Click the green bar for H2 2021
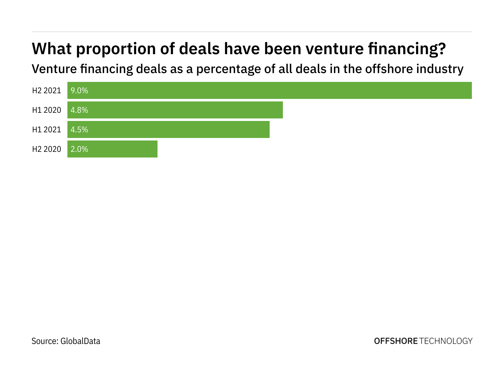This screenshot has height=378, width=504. pos(270,90)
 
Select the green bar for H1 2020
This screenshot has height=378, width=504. pos(175,110)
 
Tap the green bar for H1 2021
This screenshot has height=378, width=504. pos(169,129)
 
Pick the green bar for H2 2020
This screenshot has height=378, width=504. pos(112,149)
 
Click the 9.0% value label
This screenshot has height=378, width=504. pos(79,91)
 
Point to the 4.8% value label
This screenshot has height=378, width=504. pos(79,110)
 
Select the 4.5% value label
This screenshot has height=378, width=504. pos(79,130)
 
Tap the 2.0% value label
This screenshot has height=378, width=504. pos(79,149)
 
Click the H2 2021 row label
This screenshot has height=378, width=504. pos(47,91)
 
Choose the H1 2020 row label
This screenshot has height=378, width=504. pos(47,110)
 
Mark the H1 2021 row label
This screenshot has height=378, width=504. pos(47,130)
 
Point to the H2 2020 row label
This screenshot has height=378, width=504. pos(47,149)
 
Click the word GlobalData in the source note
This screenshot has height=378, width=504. pos(80,341)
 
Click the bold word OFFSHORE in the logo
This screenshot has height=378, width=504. pos(396,341)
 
